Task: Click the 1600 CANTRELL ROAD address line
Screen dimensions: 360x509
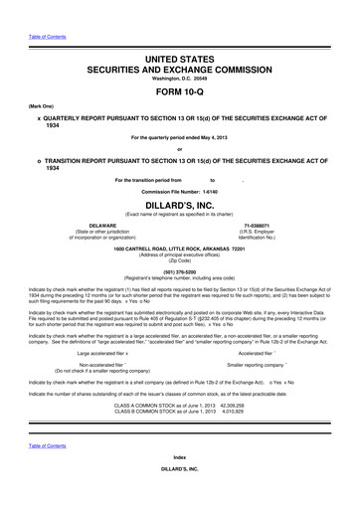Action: point(179,248)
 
